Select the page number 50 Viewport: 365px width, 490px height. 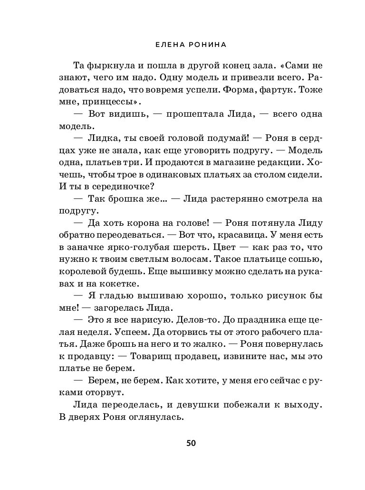click(x=191, y=443)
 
